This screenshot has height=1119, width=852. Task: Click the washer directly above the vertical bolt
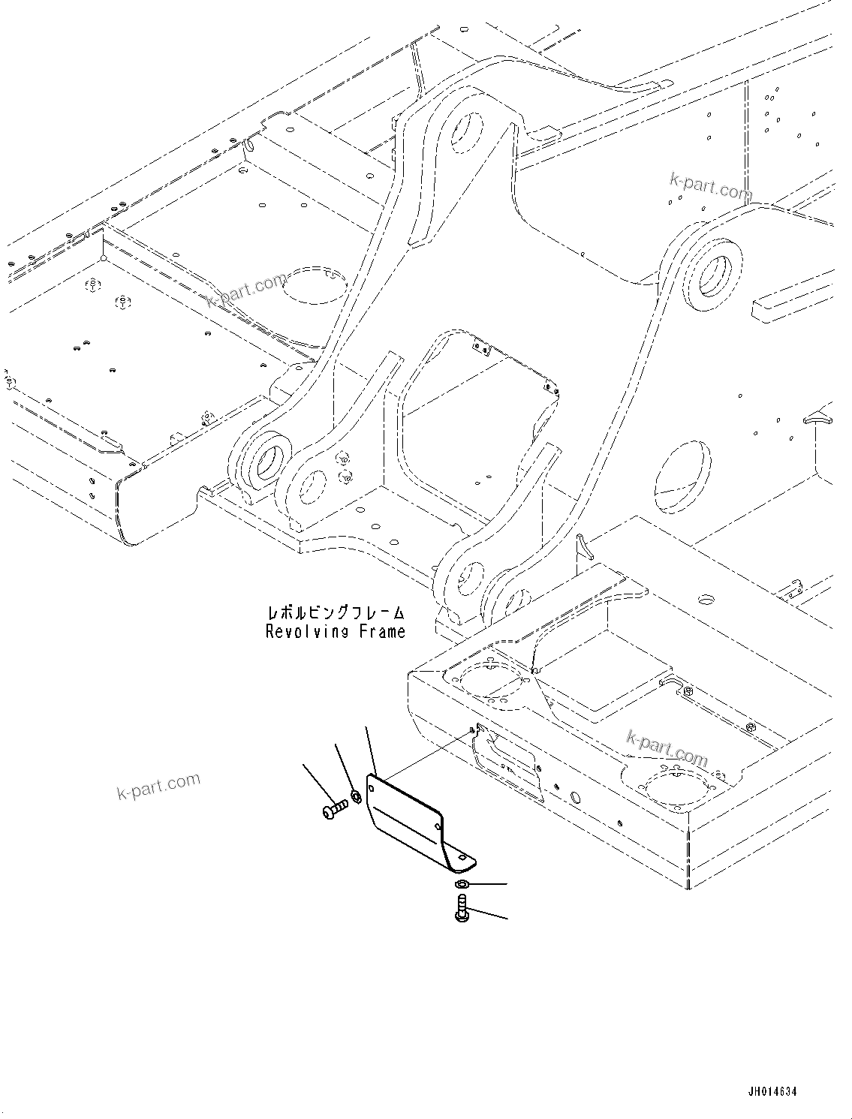click(463, 886)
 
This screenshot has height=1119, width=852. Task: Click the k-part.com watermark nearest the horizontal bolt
click(159, 786)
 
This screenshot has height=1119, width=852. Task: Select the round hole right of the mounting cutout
click(576, 798)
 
